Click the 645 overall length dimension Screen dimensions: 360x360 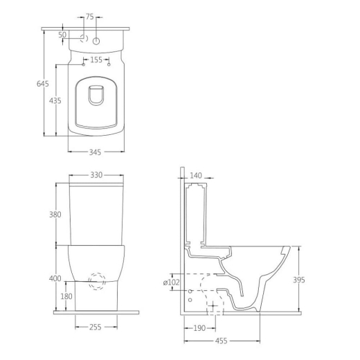coord(43,84)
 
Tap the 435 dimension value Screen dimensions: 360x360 coord(55,100)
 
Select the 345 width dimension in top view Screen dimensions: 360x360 coord(95,152)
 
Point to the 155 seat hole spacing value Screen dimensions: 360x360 coord(96,60)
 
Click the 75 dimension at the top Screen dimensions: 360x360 coord(89,17)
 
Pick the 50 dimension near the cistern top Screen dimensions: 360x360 coord(62,35)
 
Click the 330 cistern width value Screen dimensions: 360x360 coord(96,175)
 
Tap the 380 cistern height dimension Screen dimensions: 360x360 coord(55,215)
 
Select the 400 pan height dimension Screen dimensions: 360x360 coord(55,278)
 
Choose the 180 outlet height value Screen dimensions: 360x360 coord(66,296)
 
